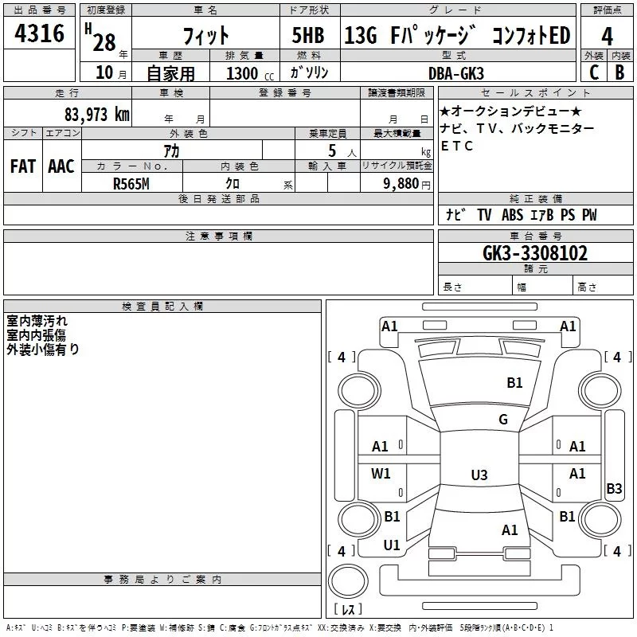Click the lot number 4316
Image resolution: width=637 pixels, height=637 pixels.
(39, 33)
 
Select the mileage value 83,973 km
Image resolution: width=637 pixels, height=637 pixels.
(97, 115)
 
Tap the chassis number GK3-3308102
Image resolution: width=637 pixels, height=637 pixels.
(535, 253)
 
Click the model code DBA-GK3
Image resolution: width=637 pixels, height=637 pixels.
(456, 73)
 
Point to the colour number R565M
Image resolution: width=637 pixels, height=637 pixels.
(131, 184)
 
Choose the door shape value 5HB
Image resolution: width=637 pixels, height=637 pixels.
(308, 35)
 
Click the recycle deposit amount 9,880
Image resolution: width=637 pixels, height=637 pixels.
(401, 184)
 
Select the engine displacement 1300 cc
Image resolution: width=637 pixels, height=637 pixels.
(250, 73)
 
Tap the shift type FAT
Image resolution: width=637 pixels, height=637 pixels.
(23, 166)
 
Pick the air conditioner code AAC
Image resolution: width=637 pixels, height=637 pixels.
(61, 166)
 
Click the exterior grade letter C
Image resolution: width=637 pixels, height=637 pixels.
(594, 72)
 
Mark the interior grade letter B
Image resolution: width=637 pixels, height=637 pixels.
(619, 72)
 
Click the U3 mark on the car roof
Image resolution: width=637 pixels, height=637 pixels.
(479, 475)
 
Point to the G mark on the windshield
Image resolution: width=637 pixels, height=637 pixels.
(503, 420)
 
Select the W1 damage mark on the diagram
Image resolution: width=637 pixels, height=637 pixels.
(381, 473)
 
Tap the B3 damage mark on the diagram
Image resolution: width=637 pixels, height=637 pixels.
(614, 488)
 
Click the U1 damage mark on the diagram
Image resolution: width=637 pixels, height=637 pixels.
(392, 545)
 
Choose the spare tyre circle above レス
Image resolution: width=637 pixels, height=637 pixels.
(348, 580)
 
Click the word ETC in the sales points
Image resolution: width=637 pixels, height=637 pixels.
(456, 146)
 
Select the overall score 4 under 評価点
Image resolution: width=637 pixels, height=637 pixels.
(607, 36)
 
